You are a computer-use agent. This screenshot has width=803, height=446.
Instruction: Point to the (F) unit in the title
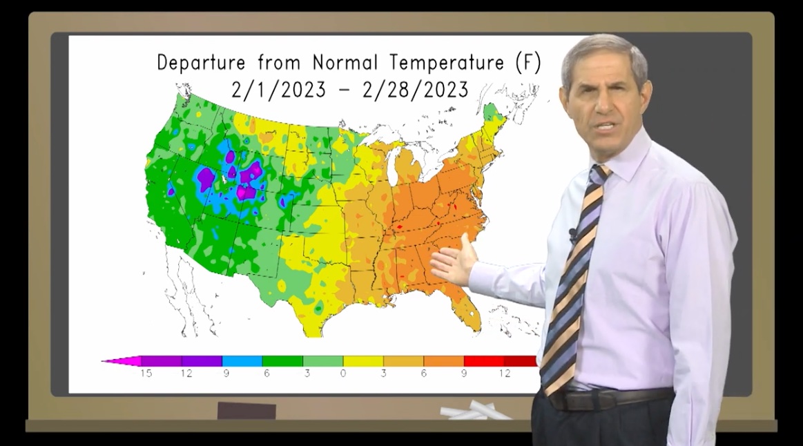coord(528,64)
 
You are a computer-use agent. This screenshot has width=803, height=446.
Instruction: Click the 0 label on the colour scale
coord(343,374)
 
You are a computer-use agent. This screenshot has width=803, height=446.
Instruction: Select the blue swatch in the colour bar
coord(242,360)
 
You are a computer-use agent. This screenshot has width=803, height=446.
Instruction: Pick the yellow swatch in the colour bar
coord(363,360)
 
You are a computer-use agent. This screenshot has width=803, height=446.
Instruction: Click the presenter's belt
coord(608,398)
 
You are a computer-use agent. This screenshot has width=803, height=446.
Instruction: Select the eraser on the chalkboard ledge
coord(246,410)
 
